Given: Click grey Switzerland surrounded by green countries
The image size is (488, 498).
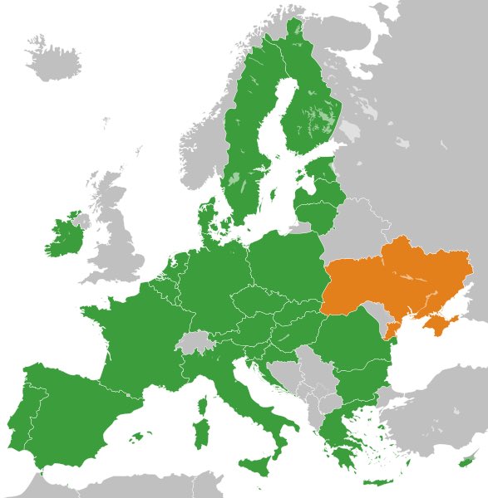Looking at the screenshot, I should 196,340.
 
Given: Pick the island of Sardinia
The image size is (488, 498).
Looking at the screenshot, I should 200,433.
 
